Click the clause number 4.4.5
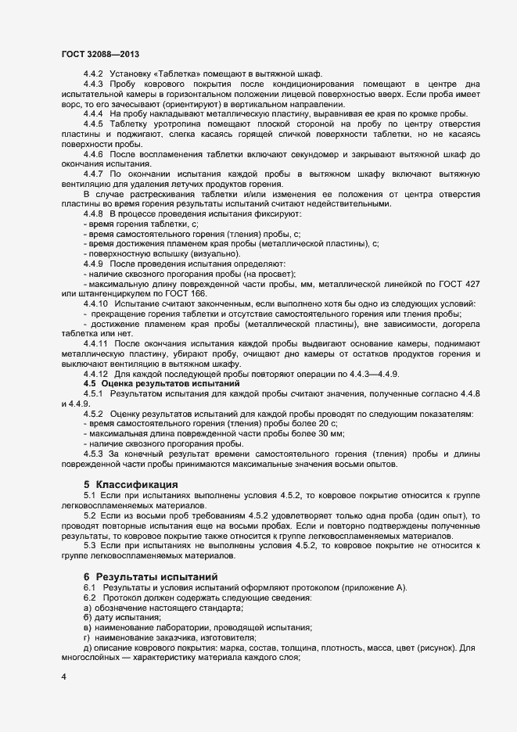click(93, 124)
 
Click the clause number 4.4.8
click(93, 214)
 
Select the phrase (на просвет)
click(271, 274)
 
